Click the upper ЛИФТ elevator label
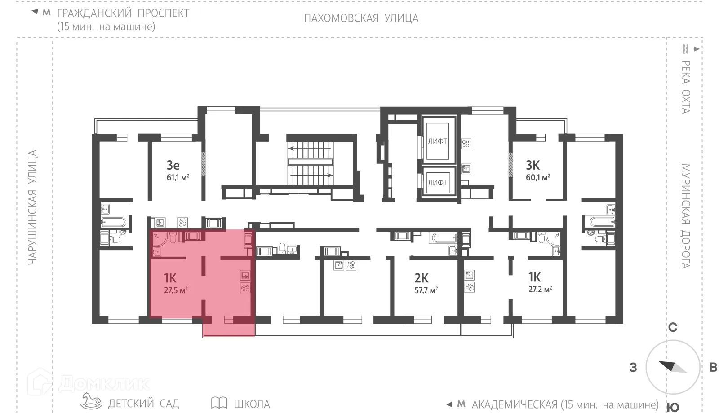437,141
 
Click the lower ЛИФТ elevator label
437,182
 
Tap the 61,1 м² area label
178,177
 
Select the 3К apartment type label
533,165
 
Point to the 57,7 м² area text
426,290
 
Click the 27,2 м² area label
540,290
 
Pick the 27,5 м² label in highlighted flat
176,290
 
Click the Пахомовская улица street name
361,18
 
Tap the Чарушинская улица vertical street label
32,207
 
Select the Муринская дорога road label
685,216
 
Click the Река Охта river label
685,87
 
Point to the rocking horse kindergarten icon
91,401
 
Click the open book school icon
219,403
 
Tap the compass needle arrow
672,366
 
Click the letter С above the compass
672,328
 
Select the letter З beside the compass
633,368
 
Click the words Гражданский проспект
123,13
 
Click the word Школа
252,404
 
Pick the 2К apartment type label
422,278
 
